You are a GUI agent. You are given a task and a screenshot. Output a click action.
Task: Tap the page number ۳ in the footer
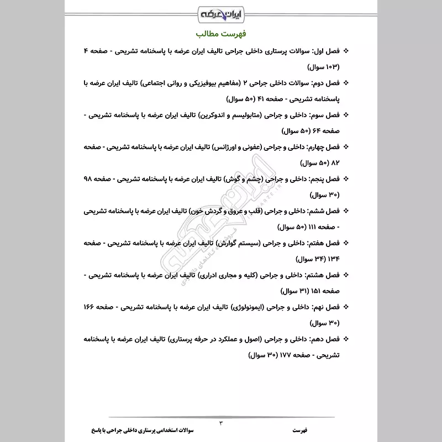[x=221, y=422]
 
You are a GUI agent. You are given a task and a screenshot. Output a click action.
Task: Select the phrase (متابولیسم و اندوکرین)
[x=232, y=115]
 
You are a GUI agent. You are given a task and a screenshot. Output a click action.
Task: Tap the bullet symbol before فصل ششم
[x=346, y=211]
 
